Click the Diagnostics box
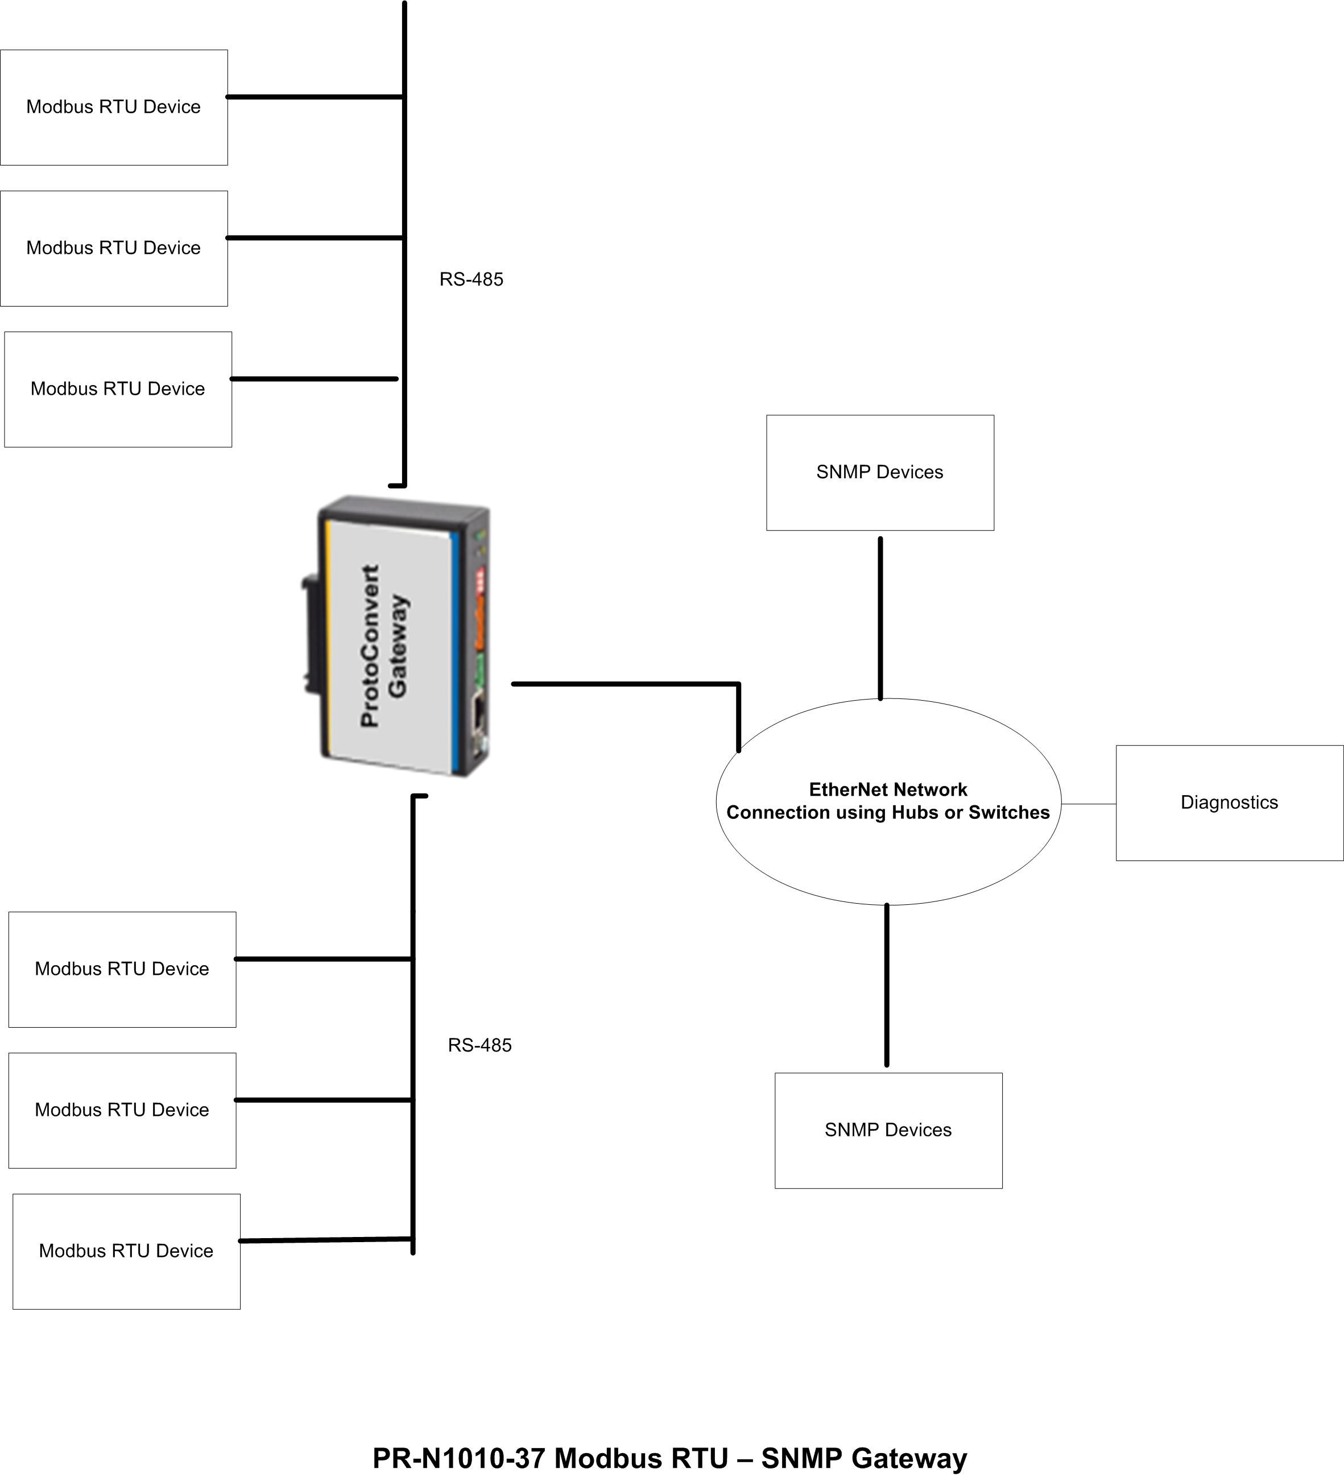click(1229, 803)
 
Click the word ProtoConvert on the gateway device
click(371, 646)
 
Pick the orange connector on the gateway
click(480, 621)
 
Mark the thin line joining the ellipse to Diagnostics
click(1088, 804)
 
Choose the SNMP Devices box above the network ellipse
click(879, 473)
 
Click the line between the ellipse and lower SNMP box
click(887, 986)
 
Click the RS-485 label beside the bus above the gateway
click(471, 279)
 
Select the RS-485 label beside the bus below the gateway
click(479, 1045)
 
